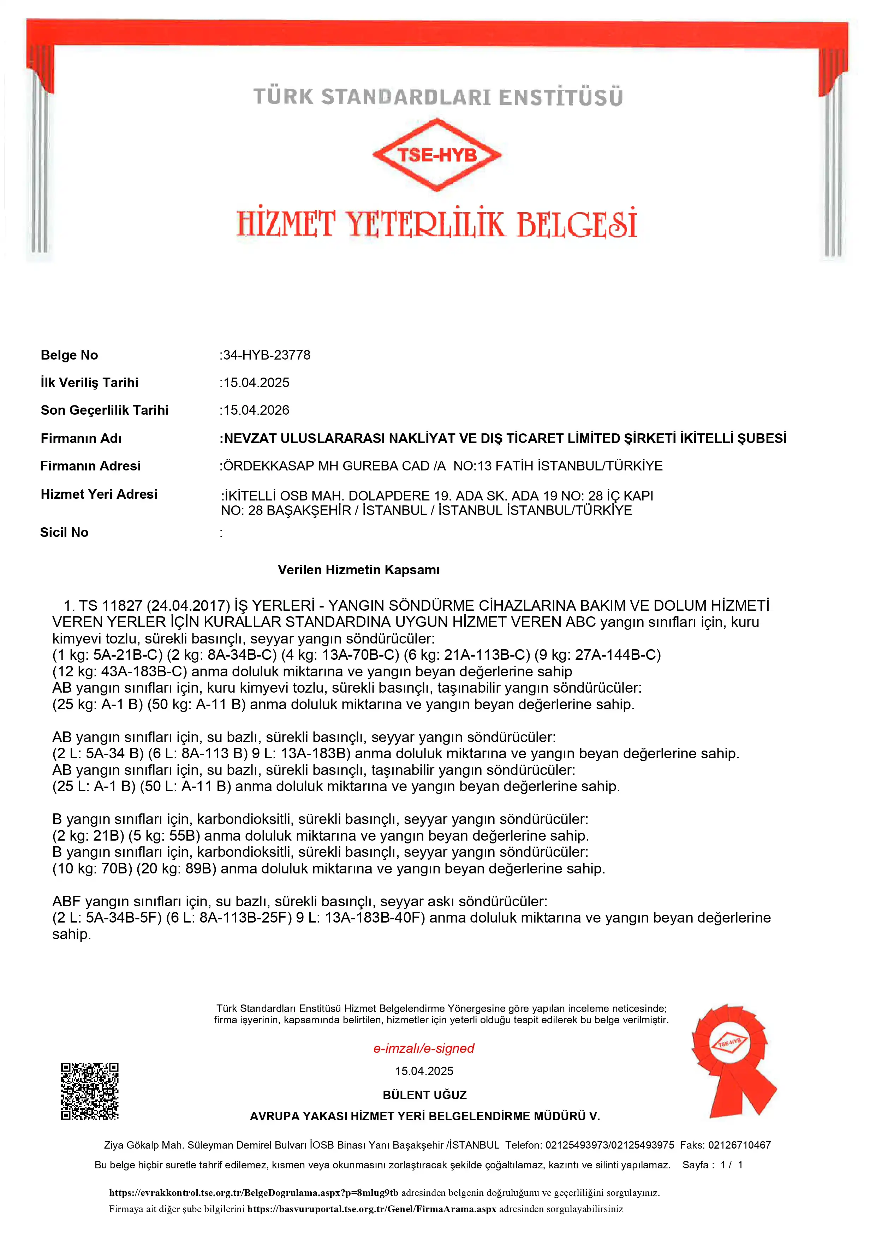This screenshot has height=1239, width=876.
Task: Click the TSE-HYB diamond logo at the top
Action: (x=437, y=155)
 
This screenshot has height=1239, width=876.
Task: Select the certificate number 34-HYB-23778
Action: (x=267, y=355)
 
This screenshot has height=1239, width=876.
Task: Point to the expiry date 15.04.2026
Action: (x=256, y=410)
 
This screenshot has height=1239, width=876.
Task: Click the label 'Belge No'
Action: (x=69, y=355)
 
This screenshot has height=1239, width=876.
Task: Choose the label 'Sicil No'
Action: (x=64, y=533)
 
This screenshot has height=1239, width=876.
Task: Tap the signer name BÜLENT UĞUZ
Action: (x=424, y=1095)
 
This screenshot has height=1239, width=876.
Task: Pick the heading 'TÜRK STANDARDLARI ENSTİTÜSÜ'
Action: (x=437, y=97)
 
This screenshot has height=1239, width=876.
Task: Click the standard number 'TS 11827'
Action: (x=110, y=605)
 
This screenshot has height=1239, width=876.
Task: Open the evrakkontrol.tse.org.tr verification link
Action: (x=254, y=1193)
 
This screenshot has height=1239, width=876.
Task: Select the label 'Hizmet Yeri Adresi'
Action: (x=99, y=494)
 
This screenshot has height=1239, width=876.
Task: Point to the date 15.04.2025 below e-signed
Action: (x=424, y=1071)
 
